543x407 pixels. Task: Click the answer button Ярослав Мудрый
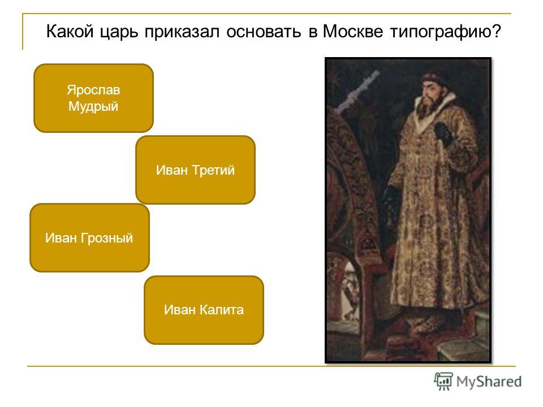(x=93, y=98)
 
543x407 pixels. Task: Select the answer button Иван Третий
(x=195, y=170)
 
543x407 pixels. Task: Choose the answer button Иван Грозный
(x=89, y=238)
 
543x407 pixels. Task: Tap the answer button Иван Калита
(x=204, y=310)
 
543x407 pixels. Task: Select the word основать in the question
(x=264, y=32)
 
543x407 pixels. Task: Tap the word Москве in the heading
(x=352, y=32)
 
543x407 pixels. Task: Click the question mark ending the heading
(x=497, y=31)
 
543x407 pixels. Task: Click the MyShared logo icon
(x=443, y=381)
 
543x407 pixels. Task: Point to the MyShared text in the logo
(x=489, y=382)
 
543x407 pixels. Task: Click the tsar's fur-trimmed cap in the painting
(x=435, y=78)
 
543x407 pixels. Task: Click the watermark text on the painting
(x=359, y=92)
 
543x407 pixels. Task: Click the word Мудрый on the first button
(x=93, y=107)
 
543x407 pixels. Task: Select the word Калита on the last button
(x=222, y=309)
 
